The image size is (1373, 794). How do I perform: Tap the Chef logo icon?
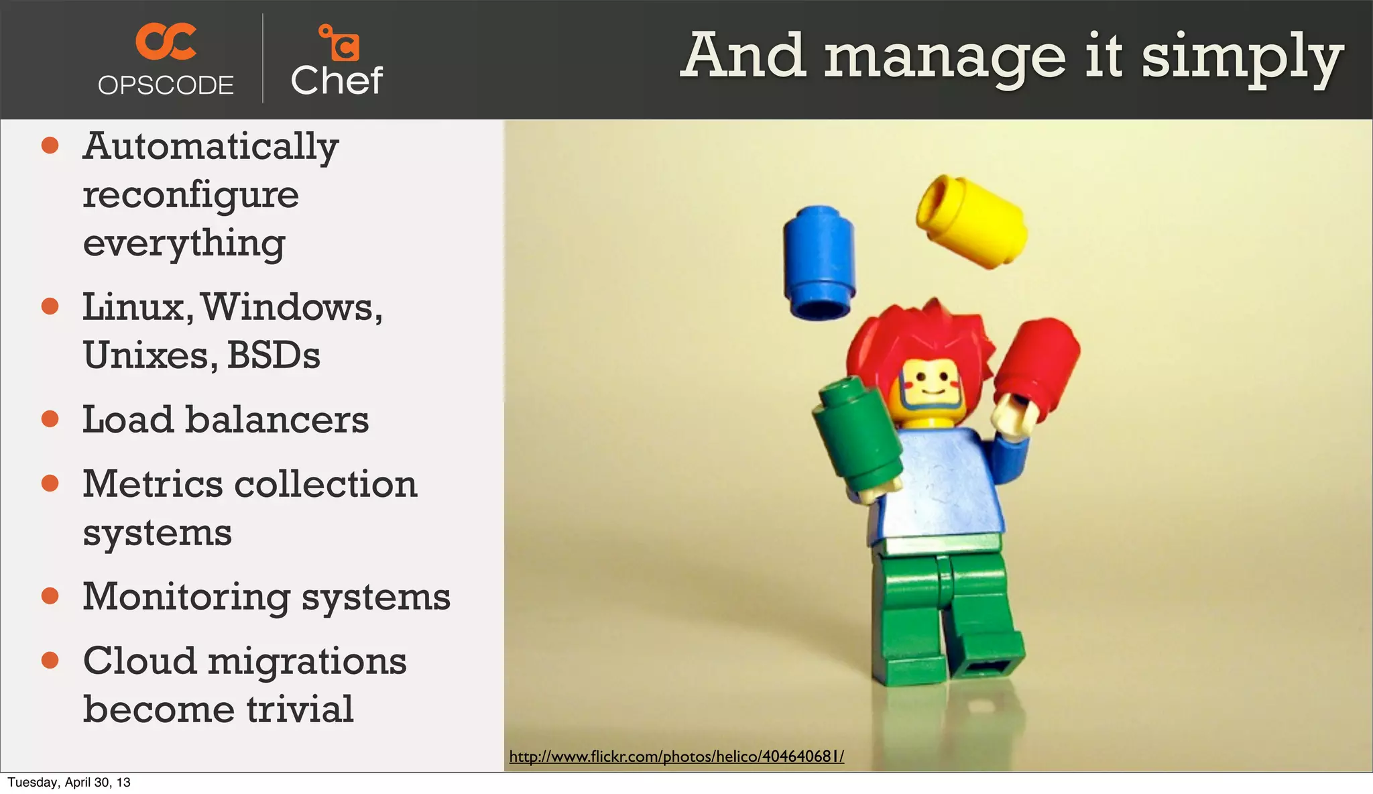coord(339,43)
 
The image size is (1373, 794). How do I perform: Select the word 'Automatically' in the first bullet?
coord(211,146)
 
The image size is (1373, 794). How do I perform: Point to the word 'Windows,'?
coord(292,307)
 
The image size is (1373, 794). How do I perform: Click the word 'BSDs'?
coord(274,355)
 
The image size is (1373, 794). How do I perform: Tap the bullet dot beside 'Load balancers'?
coord(50,419)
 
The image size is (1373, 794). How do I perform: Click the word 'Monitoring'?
coord(186,597)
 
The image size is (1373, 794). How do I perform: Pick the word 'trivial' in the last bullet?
coord(299,710)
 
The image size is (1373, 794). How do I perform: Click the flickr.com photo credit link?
coord(676,756)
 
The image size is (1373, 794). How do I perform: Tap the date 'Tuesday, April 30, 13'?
coord(69,783)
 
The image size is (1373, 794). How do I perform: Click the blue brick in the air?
coord(819,262)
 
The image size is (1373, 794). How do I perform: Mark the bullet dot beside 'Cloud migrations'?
coord(50,661)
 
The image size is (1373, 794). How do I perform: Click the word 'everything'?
coord(184,243)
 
